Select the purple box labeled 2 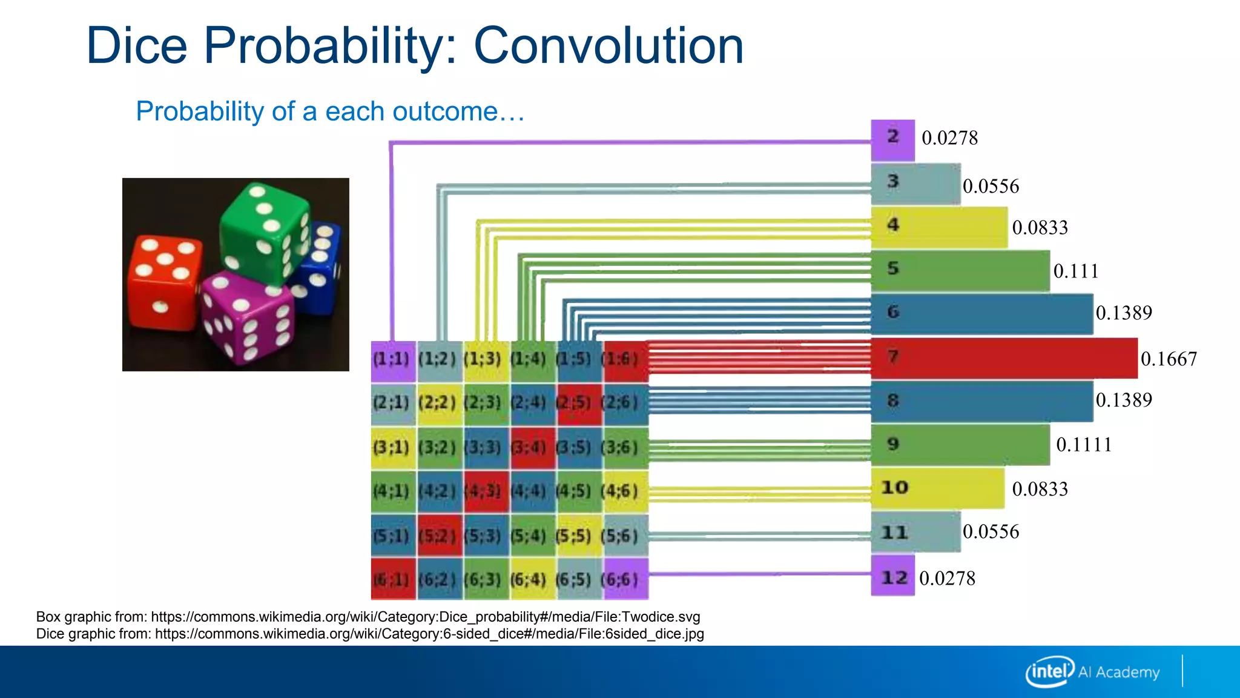click(892, 140)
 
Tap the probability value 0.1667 click(1169, 359)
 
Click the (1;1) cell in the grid click(393, 360)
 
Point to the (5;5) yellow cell click(578, 536)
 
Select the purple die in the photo click(247, 318)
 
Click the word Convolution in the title click(608, 46)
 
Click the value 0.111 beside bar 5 click(1075, 271)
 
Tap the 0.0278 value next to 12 click(947, 578)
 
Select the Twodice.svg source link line click(368, 617)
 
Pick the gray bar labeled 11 click(915, 532)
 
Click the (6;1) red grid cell click(393, 580)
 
